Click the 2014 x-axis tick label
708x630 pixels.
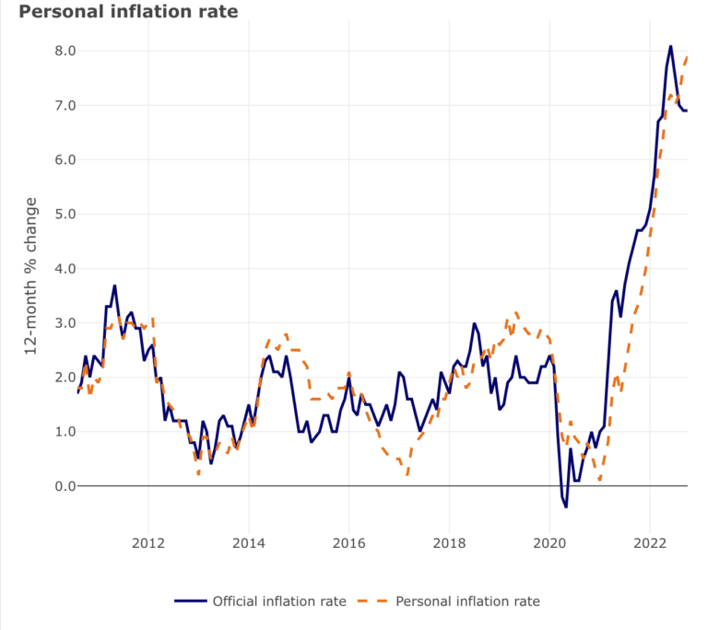click(248, 542)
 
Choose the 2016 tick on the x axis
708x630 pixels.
click(348, 542)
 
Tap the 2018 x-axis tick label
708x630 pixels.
click(449, 542)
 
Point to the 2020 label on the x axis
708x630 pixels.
click(549, 542)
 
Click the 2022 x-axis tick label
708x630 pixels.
click(650, 542)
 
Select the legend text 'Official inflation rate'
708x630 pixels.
click(279, 601)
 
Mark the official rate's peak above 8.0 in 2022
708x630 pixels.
click(670, 46)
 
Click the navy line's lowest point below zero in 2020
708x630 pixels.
click(566, 507)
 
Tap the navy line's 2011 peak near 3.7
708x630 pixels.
click(114, 286)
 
